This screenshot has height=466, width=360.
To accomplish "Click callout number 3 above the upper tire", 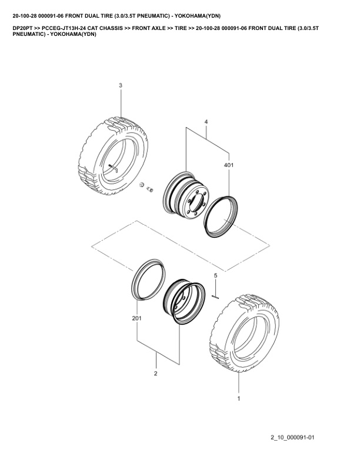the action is pos(121,85).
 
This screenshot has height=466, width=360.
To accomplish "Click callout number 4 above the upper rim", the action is pos(206,122).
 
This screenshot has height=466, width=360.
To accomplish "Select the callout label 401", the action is pos(229,165).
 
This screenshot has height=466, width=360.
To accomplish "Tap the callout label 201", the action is pos(137,318).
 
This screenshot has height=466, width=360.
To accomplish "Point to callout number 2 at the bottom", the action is pos(156,374).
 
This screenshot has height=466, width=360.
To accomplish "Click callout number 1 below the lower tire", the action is pos(239,398).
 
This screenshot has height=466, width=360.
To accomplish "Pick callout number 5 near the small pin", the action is pos(216,275).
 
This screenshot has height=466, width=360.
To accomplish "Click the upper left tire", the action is pos(114,156).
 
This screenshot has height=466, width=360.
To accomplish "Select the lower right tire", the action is pos(245,333).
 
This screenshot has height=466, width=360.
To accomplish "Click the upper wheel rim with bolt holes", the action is pos(186,193).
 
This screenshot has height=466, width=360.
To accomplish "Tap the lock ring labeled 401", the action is pos(221,217).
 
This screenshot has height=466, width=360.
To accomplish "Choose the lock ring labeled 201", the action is pos(148,279).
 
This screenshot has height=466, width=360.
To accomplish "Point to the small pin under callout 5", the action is pos(215,297).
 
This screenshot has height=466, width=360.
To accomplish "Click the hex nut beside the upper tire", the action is pos(142,185).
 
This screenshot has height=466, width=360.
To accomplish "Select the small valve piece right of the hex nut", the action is pos(149,189).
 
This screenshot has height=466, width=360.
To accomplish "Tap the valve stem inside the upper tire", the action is pos(113,168).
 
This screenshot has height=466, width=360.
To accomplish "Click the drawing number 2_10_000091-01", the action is pos(292,437).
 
